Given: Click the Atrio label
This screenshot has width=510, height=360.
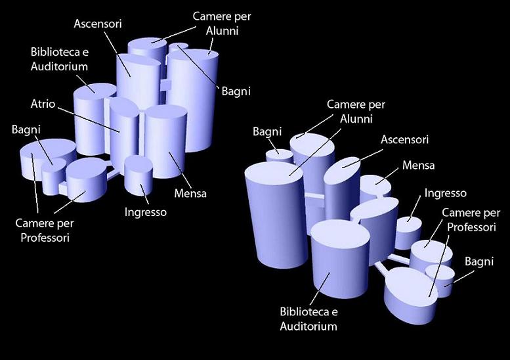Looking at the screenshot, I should pyautogui.click(x=43, y=104).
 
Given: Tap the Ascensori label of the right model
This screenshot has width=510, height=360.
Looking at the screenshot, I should pyautogui.click(x=404, y=140).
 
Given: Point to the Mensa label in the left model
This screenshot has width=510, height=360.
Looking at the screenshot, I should pyautogui.click(x=190, y=193).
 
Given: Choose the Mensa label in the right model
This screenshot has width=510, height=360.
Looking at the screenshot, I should pyautogui.click(x=419, y=166).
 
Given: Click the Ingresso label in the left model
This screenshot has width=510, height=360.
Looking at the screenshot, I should pyautogui.click(x=146, y=212).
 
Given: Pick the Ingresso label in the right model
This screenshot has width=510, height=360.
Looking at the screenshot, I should pyautogui.click(x=445, y=193).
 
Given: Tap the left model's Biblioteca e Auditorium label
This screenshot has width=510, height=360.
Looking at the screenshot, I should pyautogui.click(x=59, y=59).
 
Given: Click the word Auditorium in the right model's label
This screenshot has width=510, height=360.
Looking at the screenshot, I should pyautogui.click(x=308, y=326).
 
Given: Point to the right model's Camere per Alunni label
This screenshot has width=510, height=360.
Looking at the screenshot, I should pyautogui.click(x=356, y=112).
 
